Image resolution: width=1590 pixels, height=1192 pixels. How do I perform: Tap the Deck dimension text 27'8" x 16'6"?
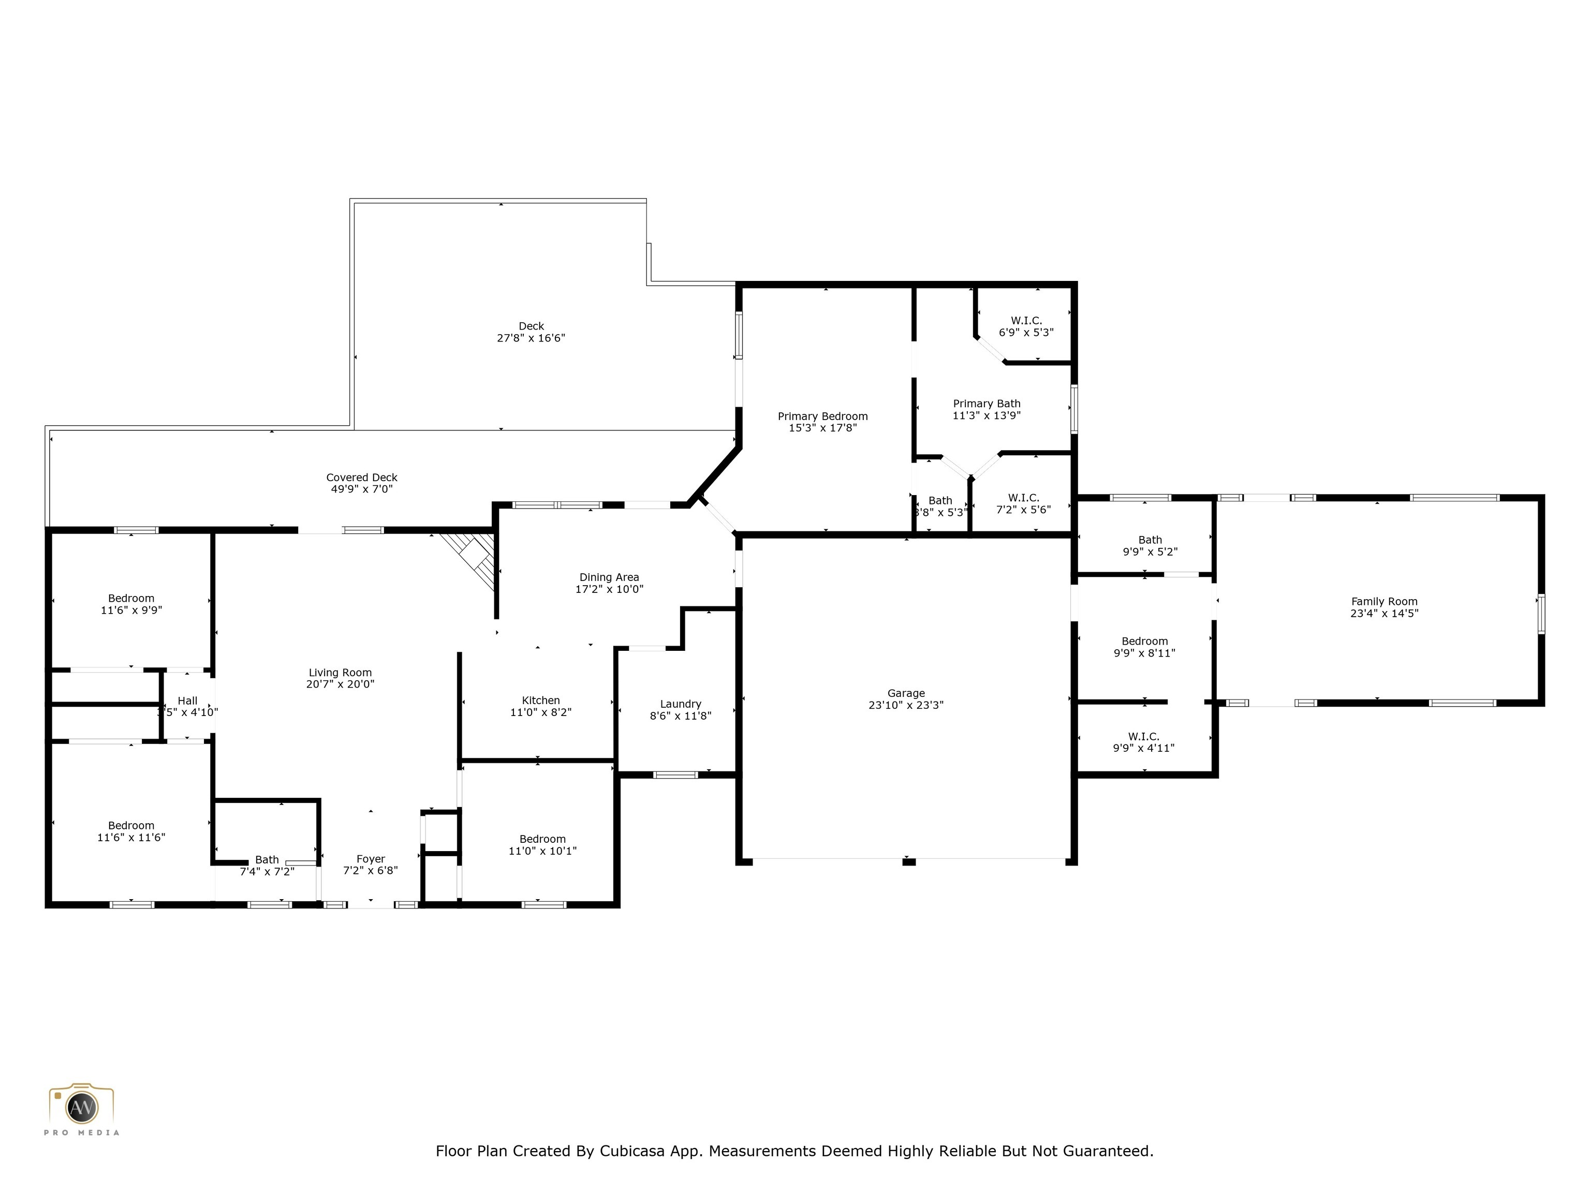531,338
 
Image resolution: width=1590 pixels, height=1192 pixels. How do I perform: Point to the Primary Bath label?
986,404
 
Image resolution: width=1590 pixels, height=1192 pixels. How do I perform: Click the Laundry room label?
680,704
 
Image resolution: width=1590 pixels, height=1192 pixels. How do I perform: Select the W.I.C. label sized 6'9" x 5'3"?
1026,320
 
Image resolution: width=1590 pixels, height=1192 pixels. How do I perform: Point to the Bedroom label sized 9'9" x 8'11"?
1144,642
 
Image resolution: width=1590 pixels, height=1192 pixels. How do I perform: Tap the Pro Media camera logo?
81,1107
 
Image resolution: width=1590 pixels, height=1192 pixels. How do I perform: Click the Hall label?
187,701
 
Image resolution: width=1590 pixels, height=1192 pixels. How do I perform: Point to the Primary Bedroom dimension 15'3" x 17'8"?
822,428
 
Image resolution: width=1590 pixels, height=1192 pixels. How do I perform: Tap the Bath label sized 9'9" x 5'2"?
1150,540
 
